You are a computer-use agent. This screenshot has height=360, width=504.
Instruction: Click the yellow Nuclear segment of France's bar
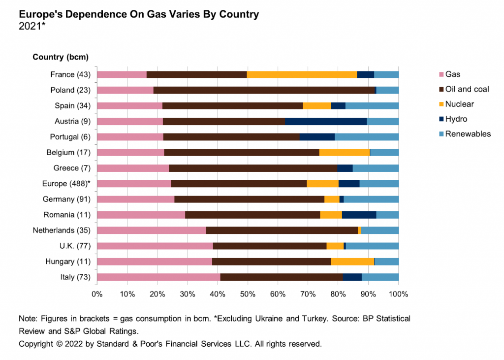pos(302,75)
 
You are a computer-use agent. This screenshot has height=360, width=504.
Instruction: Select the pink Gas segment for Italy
pos(158,277)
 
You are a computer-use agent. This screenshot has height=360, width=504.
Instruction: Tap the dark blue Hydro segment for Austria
pos(326,122)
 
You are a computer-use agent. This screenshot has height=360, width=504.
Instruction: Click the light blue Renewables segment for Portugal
pos(367,137)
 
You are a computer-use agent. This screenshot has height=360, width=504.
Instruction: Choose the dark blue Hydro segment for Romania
pos(359,215)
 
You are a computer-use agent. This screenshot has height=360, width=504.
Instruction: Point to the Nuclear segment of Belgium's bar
pos(344,153)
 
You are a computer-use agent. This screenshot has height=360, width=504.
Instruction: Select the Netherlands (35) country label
pos(61,230)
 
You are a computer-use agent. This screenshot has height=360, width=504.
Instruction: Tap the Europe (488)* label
pos(66,184)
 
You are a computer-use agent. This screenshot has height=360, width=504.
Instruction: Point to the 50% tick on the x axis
pos(248,295)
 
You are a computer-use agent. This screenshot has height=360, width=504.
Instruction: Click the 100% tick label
pos(398,295)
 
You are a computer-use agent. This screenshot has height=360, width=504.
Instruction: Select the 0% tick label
pos(97,295)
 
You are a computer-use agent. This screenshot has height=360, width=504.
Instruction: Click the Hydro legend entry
pos(456,119)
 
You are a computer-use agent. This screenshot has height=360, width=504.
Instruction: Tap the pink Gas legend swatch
pos(441,75)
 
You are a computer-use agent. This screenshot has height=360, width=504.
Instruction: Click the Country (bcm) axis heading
pos(61,57)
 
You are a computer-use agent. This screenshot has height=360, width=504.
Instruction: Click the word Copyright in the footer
pos(37,344)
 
